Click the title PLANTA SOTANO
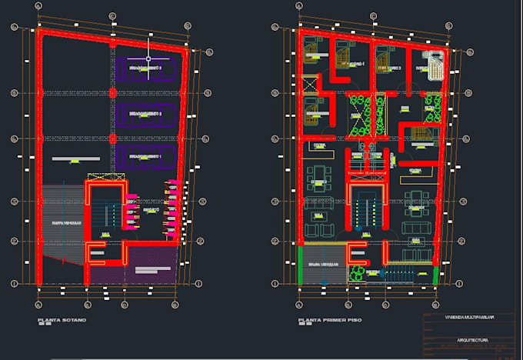(x=62, y=320)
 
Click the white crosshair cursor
(x=149, y=58)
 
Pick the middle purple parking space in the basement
(x=148, y=114)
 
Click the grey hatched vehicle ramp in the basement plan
(x=62, y=224)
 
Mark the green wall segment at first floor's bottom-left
(x=301, y=265)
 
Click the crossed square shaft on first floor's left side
(x=310, y=82)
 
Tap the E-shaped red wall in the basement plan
(x=96, y=253)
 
